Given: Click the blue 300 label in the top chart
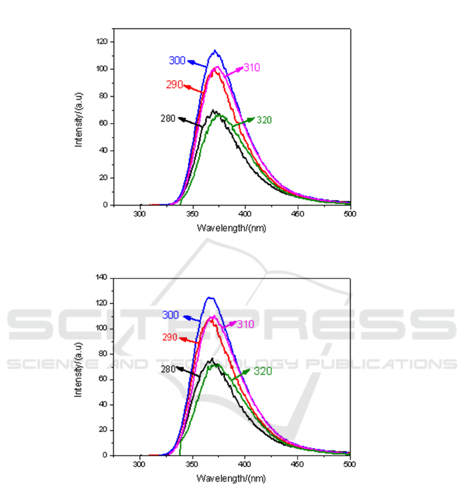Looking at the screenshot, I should pyautogui.click(x=177, y=61).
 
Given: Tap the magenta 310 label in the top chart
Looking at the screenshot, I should pyautogui.click(x=251, y=68).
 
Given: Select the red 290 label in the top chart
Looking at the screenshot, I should pyautogui.click(x=174, y=84).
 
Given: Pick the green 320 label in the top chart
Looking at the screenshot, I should pyautogui.click(x=264, y=120).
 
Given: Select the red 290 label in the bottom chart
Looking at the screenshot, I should pyautogui.click(x=170, y=337).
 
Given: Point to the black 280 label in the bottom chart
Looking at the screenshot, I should pyautogui.click(x=168, y=370).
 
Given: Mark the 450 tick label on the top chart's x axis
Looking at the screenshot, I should pyautogui.click(x=297, y=214).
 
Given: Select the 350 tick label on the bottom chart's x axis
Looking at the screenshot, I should pyautogui.click(x=193, y=464).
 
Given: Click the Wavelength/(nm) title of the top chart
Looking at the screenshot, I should pyautogui.click(x=231, y=228).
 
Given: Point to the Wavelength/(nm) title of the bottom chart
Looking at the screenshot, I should pyautogui.click(x=231, y=478).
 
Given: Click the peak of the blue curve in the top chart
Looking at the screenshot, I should pyautogui.click(x=215, y=50).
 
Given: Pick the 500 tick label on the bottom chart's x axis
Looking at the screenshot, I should pyautogui.click(x=350, y=464).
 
